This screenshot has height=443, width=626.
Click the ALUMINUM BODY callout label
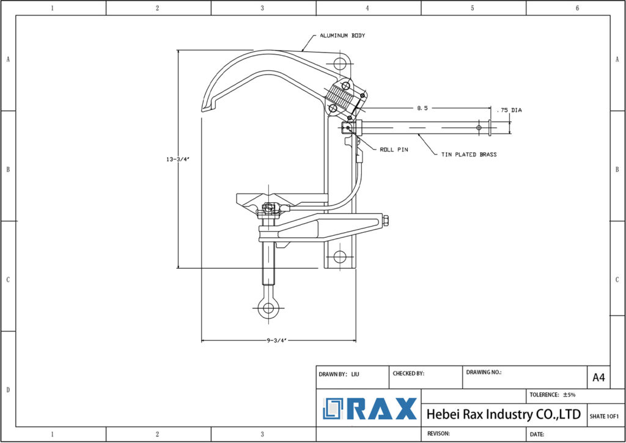click(342, 36)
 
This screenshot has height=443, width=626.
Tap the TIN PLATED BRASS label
click(469, 155)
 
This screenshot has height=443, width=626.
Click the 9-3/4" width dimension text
click(276, 340)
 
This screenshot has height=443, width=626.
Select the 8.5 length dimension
click(422, 108)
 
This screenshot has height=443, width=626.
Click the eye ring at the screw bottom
click(267, 309)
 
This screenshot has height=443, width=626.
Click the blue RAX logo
click(370, 409)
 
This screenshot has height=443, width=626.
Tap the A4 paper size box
click(598, 378)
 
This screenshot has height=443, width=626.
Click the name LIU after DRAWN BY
click(355, 373)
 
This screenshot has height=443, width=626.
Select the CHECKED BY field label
click(408, 373)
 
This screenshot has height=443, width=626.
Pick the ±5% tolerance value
click(570, 395)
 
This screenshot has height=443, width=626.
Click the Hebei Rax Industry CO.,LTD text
click(503, 414)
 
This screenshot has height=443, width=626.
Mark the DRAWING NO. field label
click(484, 372)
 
